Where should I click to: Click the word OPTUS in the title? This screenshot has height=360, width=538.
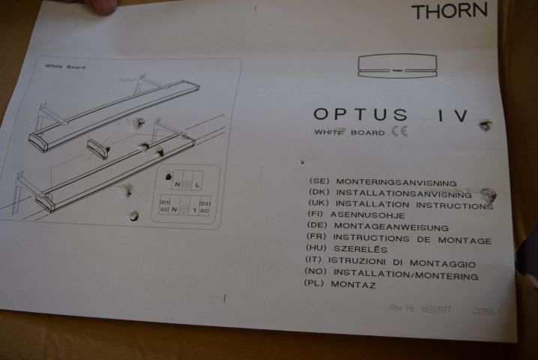point(360,115)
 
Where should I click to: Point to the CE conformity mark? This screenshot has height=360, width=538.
point(399,133)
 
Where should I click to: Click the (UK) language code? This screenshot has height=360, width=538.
point(320,204)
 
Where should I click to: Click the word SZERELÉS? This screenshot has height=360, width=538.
point(362,249)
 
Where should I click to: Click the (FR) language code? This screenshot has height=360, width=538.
point(318,238)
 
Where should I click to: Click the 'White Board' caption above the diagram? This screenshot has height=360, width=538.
point(64,67)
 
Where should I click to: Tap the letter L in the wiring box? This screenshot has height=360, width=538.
point(197,184)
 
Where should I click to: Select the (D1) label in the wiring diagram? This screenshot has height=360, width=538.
point(165,201)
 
